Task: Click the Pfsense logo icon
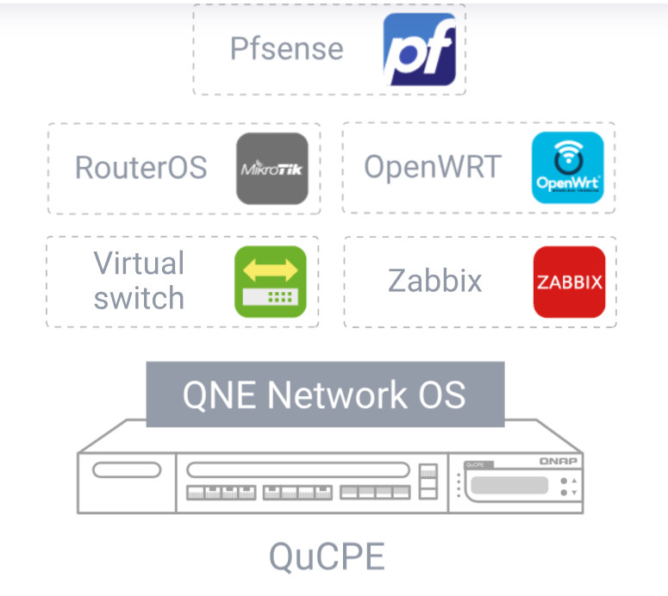point(419,49)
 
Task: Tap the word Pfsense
point(286,48)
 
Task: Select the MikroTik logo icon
point(272,168)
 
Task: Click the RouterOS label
point(140,167)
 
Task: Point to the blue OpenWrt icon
point(567,167)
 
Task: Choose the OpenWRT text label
point(432,166)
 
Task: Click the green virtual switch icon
point(271,282)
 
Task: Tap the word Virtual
point(139,263)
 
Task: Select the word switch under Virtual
point(139,298)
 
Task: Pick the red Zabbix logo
point(569,282)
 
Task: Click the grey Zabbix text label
point(434,281)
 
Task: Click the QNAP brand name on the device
point(559,462)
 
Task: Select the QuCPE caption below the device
point(327,556)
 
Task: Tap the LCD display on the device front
point(509,485)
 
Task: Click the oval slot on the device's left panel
point(127,470)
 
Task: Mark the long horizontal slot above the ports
point(297,470)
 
